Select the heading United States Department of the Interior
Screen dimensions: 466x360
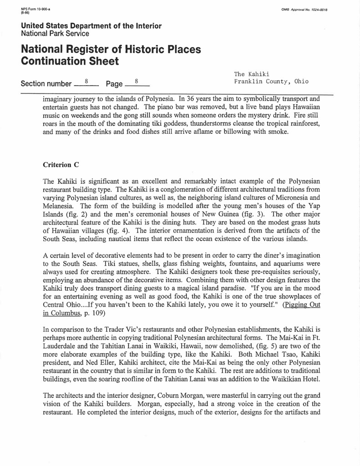(91, 26)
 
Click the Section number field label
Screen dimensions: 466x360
(46, 84)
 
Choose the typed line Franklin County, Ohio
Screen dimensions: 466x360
(271, 82)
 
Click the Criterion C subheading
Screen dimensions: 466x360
(57, 165)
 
